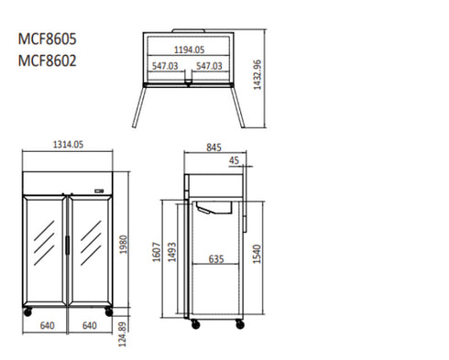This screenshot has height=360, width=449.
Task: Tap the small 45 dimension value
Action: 235,161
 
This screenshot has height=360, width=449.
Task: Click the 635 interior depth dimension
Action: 216,259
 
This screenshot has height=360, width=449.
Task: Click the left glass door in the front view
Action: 44,249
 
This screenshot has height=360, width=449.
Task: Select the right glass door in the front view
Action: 90,249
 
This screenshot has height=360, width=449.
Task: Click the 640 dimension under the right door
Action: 90,324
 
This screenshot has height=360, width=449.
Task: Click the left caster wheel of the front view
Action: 26,312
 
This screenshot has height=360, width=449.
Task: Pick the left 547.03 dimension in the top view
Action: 165,66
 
